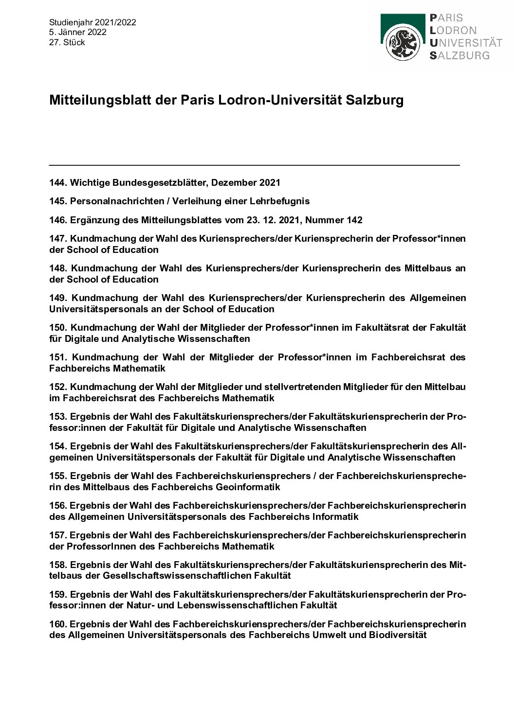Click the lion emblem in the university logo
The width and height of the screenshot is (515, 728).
coord(403,42)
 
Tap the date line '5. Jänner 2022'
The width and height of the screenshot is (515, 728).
coord(77,32)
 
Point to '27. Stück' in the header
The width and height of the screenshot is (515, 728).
coord(67,42)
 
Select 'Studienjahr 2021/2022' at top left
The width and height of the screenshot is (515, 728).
coord(92,22)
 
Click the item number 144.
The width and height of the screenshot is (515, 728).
coord(58,182)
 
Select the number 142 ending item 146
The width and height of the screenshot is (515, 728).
coord(354,220)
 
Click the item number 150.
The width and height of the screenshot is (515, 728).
coord(58,327)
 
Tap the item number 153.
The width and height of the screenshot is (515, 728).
coord(58,416)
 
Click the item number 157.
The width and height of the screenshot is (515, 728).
coord(58,535)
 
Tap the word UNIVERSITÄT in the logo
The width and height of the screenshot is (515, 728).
coord(466,42)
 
